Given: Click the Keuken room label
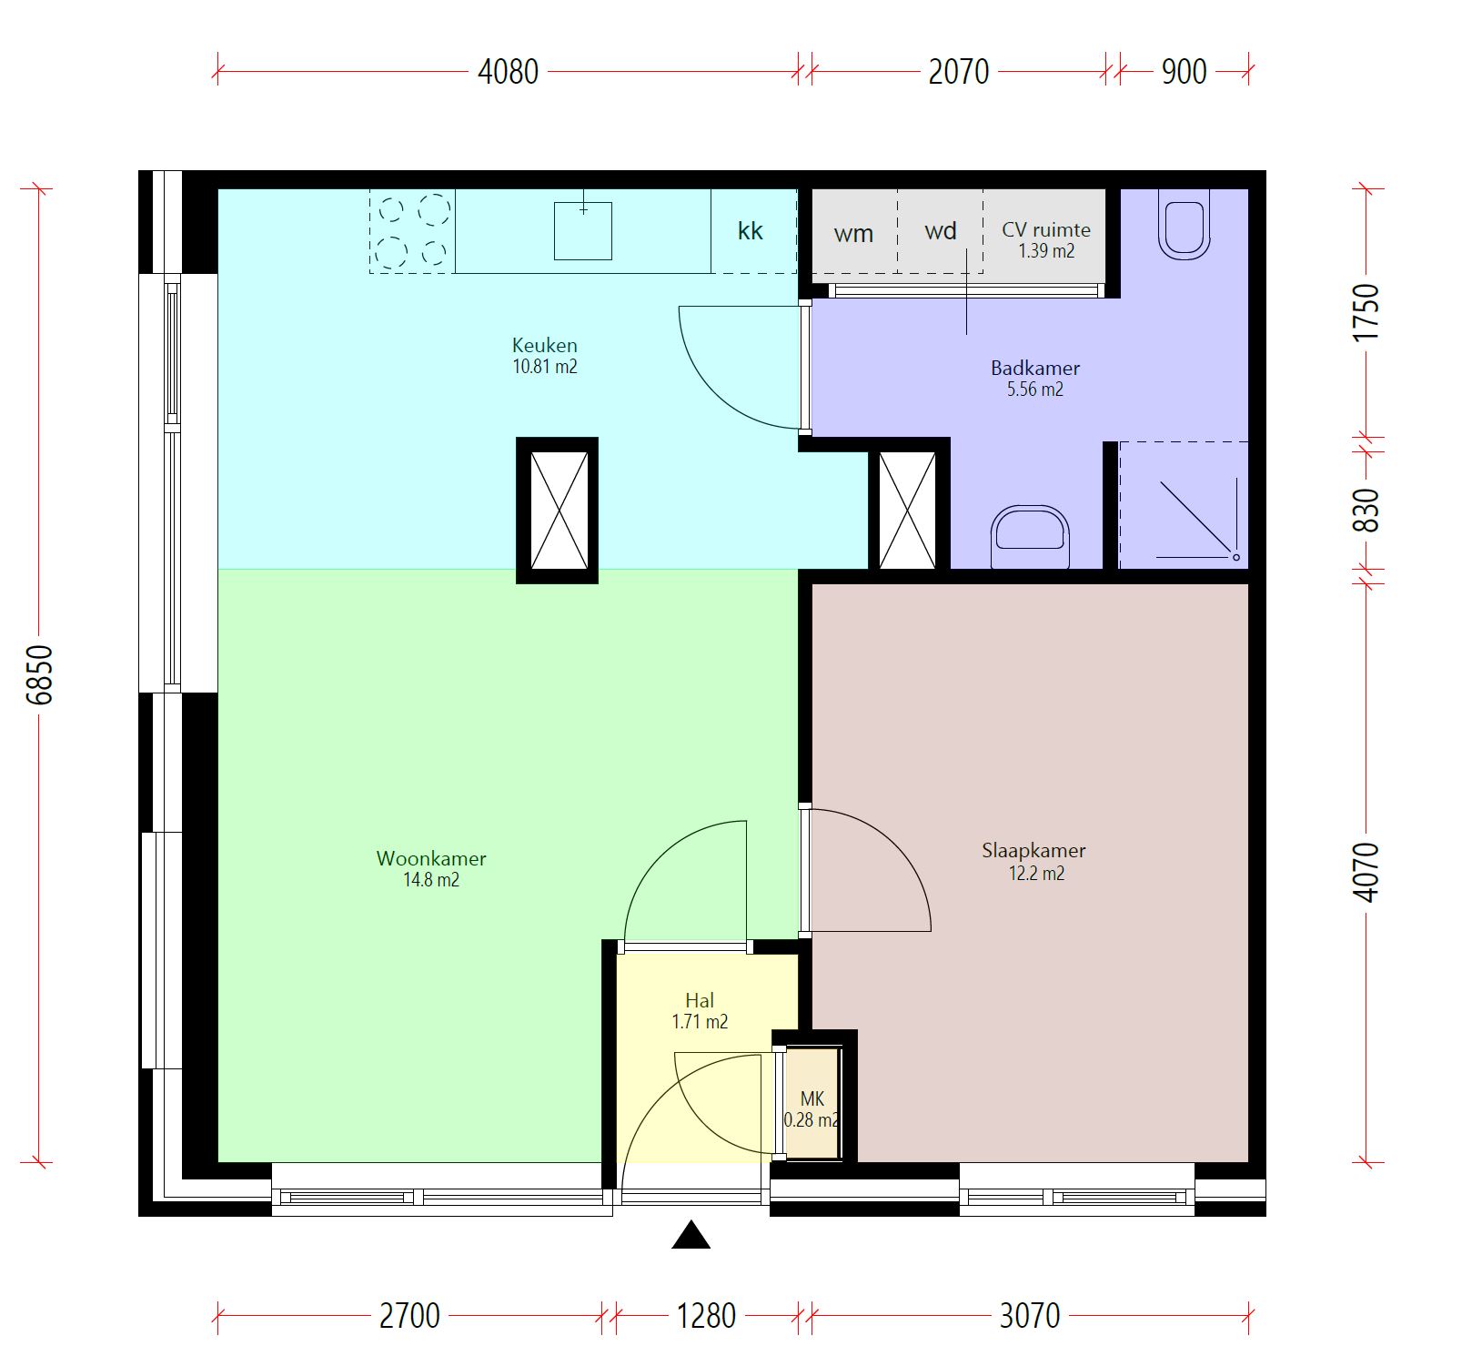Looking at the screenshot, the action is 544,346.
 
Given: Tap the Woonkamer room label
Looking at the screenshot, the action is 431,858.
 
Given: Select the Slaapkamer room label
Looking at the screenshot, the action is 1033,851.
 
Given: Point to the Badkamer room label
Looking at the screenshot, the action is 1035,369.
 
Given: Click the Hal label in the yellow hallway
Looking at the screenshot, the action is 700,1001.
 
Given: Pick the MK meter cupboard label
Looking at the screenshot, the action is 812,1099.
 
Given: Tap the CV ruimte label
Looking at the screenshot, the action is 1046,229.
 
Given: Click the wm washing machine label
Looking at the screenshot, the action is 853,234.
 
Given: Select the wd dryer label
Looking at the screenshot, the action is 941,231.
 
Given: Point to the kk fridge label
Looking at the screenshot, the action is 751,231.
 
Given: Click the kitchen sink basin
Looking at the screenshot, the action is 583,231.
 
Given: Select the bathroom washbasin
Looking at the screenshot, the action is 1030,538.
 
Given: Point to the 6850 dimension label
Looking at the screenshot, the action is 40,674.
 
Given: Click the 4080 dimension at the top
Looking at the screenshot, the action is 509,71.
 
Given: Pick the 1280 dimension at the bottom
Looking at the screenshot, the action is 706,1315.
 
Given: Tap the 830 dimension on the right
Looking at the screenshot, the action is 1366,511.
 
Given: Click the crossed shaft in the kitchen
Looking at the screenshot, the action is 558,511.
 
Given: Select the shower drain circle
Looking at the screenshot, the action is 1235,556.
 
